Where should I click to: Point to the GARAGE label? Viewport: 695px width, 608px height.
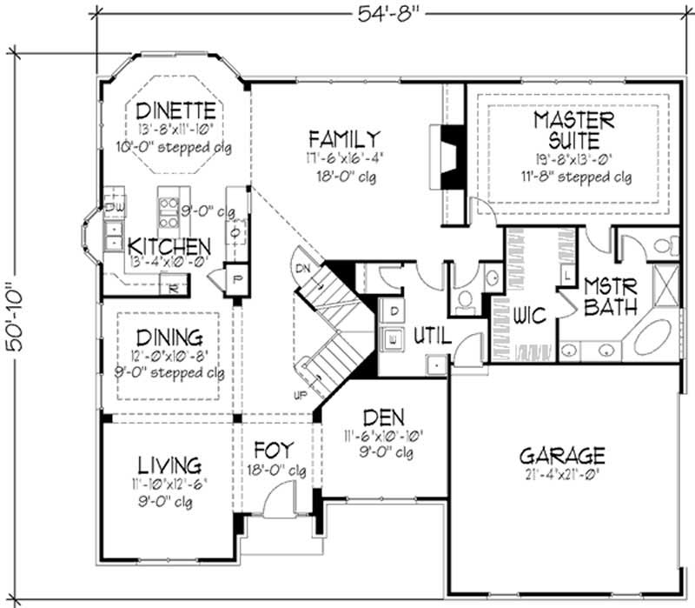click(x=562, y=455)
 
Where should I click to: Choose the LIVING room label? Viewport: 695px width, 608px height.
click(x=169, y=464)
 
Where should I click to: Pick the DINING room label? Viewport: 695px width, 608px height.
click(x=169, y=336)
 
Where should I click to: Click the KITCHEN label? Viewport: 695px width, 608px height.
click(x=169, y=246)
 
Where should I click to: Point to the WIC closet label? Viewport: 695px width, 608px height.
click(x=528, y=316)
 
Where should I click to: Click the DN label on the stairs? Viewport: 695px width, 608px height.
click(x=302, y=269)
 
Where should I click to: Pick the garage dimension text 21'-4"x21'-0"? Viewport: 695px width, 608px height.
click(x=561, y=475)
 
